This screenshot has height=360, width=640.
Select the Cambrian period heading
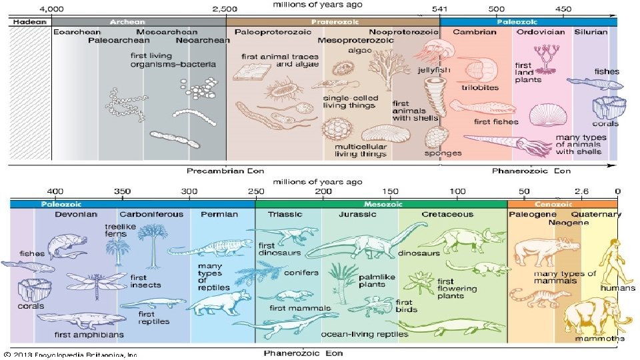tap(474, 31)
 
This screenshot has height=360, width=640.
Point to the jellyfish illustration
tap(437, 53)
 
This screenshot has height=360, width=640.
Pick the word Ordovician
tap(541, 31)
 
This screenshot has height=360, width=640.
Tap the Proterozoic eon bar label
tap(333, 21)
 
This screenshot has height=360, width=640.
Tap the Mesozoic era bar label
tap(381, 204)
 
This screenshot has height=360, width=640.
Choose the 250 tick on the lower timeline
tap(255, 192)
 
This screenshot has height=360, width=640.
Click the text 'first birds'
tap(407, 305)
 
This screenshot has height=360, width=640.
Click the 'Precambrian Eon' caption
tap(216, 171)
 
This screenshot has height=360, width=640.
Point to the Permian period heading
tap(219, 215)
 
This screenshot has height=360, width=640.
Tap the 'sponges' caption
tap(443, 153)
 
